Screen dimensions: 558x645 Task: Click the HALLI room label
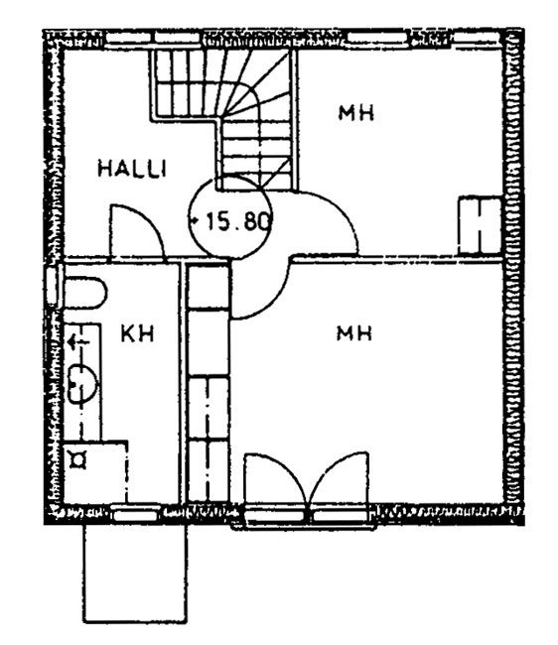pyautogui.click(x=132, y=169)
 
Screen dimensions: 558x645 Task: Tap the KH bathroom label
pyautogui.click(x=138, y=333)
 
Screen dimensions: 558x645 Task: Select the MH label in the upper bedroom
pyautogui.click(x=356, y=113)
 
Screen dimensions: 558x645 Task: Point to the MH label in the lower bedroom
pyautogui.click(x=354, y=332)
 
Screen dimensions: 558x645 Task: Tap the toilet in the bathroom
pyautogui.click(x=84, y=293)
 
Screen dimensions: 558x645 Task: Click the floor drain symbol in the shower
pyautogui.click(x=77, y=459)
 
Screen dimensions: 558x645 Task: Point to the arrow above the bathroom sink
pyautogui.click(x=78, y=341)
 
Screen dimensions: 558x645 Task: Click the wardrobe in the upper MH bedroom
pyautogui.click(x=480, y=225)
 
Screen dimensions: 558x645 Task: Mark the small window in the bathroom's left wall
pyautogui.click(x=54, y=287)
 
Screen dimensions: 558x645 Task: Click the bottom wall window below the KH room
pyautogui.click(x=137, y=514)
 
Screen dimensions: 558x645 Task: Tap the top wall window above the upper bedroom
pyautogui.click(x=375, y=39)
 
